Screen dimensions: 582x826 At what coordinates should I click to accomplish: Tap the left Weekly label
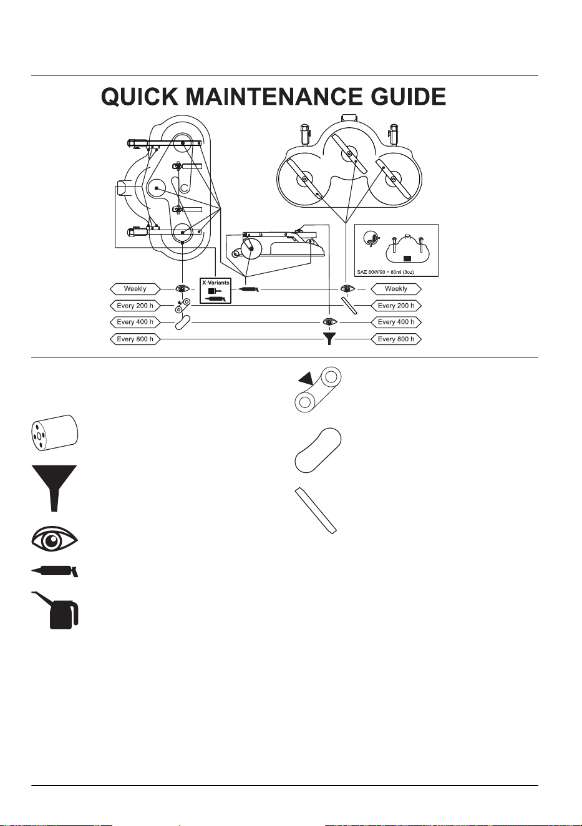point(135,289)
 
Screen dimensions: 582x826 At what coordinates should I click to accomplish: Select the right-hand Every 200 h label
point(395,306)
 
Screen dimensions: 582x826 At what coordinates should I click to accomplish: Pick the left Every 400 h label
point(135,323)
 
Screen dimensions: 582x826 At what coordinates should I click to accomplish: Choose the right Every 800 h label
point(395,339)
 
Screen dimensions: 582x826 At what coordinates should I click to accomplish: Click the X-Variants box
point(215,291)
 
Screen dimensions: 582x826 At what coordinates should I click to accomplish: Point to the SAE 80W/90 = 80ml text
point(386,272)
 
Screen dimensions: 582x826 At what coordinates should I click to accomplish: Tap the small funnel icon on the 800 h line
point(329,339)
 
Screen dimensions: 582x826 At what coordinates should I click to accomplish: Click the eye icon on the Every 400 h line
point(330,322)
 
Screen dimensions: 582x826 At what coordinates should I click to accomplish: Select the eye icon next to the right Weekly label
point(347,288)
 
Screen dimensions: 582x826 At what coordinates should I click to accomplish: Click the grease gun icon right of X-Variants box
point(249,289)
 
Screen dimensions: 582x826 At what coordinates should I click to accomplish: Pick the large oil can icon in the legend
point(56,610)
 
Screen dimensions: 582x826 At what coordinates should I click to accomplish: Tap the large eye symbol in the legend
point(54,542)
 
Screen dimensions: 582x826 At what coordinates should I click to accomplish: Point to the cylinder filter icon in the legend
point(54,432)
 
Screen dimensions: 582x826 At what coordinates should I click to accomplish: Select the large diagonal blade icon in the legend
point(316,511)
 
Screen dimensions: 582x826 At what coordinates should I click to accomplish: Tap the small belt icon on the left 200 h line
point(182,306)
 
